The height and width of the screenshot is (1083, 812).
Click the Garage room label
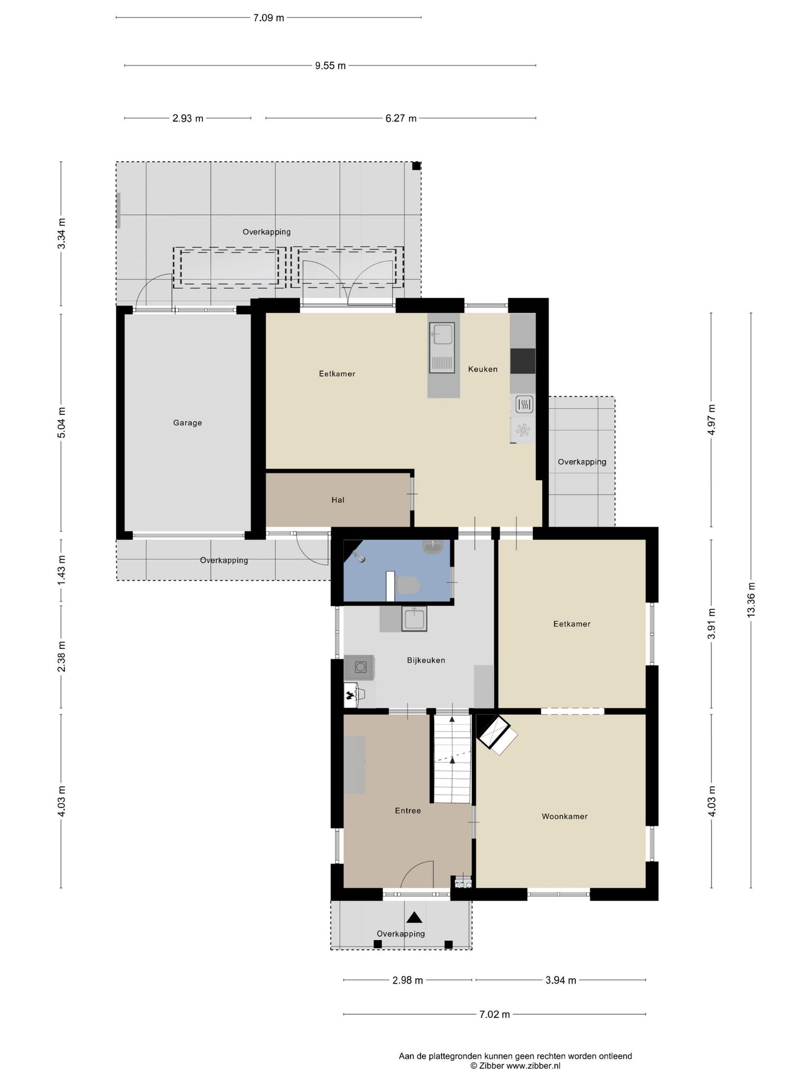[x=187, y=423]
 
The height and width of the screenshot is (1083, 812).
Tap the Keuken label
[x=483, y=369]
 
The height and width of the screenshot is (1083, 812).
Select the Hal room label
[x=338, y=500]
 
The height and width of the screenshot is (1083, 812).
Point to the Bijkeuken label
[x=426, y=660]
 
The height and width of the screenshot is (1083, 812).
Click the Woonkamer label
[x=565, y=816]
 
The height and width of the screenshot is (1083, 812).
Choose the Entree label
[x=408, y=811]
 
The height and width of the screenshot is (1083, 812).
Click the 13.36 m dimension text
[x=751, y=599]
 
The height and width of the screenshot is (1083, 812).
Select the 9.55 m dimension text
[x=330, y=66]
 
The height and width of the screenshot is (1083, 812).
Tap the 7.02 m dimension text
[x=495, y=1014]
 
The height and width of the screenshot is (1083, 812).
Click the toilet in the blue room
[x=407, y=585]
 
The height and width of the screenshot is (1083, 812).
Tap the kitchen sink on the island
[x=442, y=346]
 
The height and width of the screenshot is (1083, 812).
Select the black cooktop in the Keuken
[x=523, y=361]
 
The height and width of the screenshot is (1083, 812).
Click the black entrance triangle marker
[x=414, y=917]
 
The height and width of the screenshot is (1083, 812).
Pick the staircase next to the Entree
[x=453, y=758]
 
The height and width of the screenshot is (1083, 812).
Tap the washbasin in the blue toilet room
[x=433, y=547]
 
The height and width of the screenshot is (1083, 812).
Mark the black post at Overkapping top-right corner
[x=417, y=166]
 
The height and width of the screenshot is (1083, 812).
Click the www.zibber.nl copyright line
[x=515, y=1066]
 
